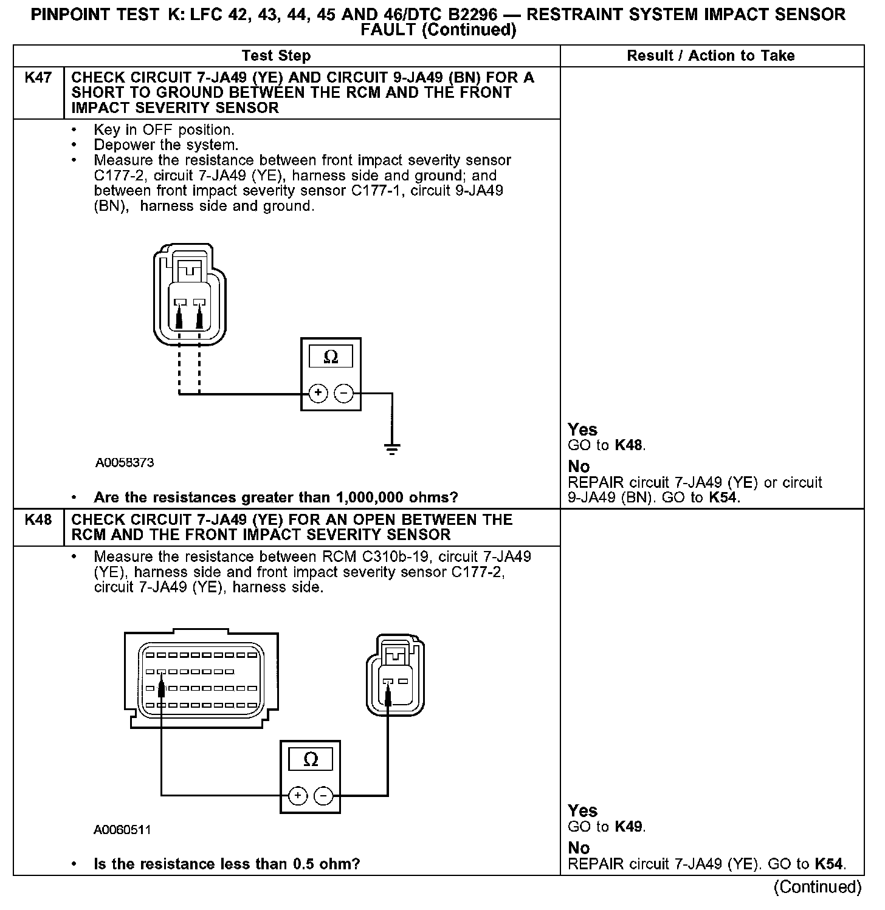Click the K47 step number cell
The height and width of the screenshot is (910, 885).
[38, 78]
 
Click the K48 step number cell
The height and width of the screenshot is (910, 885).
[38, 520]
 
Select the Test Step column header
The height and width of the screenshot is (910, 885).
[276, 56]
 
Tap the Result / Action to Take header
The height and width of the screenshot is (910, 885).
[711, 56]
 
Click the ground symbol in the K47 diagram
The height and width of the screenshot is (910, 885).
[392, 450]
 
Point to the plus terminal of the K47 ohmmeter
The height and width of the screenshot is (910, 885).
[318, 394]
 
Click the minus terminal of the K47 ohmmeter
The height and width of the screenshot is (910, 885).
[344, 394]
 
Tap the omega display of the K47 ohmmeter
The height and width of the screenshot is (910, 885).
[331, 357]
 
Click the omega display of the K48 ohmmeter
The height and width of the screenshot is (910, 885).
[310, 759]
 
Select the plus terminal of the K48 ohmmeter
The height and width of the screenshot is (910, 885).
[297, 796]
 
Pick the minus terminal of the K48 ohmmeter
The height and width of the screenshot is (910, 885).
[323, 796]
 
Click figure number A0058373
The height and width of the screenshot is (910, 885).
[125, 463]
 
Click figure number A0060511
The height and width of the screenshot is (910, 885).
[122, 830]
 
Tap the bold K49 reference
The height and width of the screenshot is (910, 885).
[628, 827]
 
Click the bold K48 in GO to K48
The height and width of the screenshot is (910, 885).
[628, 445]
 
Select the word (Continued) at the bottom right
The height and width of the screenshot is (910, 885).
[818, 888]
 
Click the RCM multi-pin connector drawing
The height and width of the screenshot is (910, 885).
[201, 679]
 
